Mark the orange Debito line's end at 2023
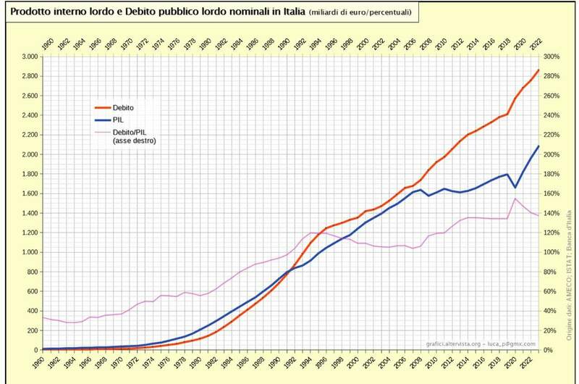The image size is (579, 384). (538, 70)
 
